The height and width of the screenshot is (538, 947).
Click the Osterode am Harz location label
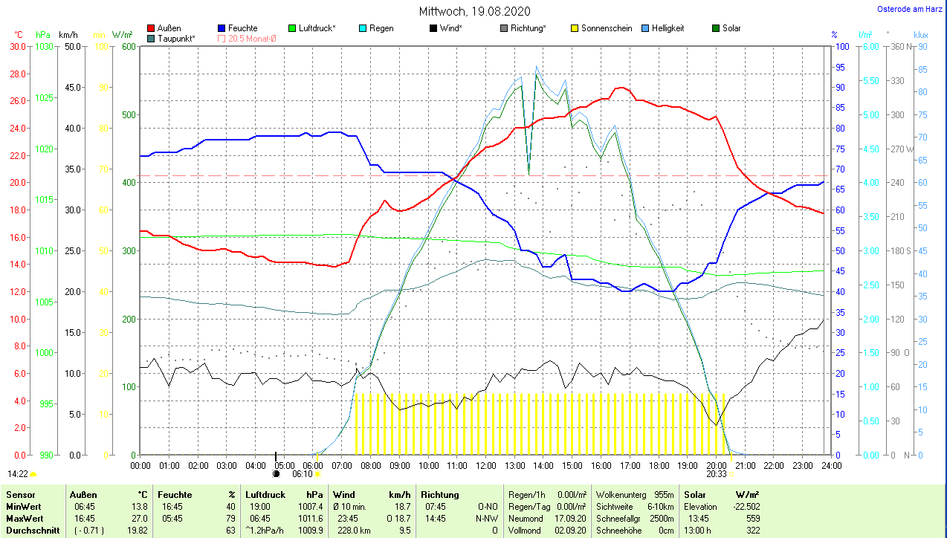[911, 10]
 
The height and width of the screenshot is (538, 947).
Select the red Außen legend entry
[169, 28]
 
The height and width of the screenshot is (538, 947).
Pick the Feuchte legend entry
[242, 28]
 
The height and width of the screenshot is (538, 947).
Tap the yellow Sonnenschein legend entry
[606, 28]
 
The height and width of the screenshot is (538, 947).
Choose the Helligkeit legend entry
[668, 28]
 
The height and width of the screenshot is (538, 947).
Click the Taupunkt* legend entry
[176, 38]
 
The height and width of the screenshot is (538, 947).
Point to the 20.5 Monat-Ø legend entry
[251, 38]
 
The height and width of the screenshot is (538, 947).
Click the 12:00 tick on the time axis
[485, 466]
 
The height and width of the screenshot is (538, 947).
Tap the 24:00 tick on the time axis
[830, 466]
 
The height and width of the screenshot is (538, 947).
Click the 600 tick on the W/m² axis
[128, 46]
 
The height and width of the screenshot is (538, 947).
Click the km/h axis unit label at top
[68, 35]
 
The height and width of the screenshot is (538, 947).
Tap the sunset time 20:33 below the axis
[717, 473]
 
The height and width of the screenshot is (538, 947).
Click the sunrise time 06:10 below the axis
[302, 473]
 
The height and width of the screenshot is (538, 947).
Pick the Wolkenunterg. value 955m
[663, 495]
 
